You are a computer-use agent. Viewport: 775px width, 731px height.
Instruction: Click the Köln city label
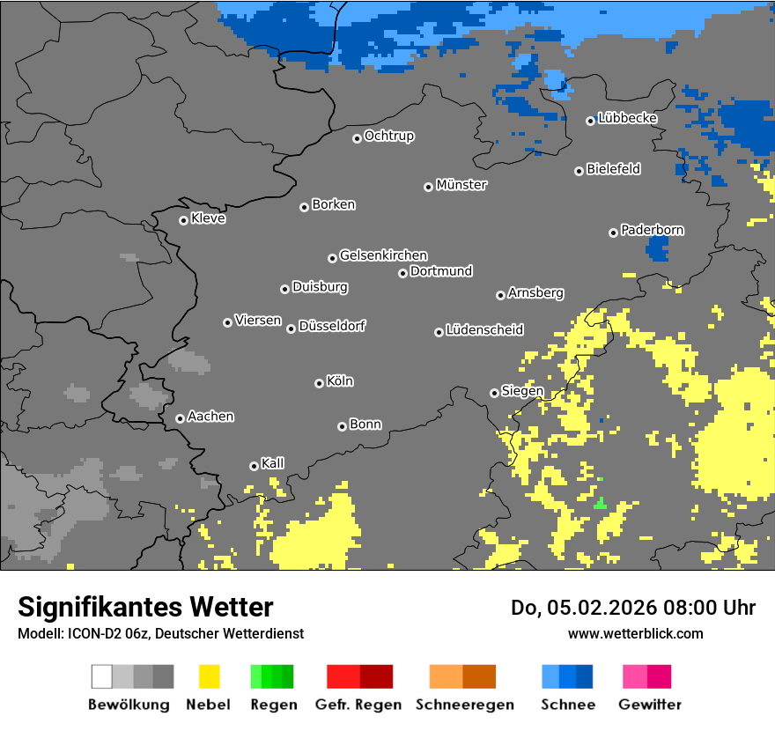point(340,381)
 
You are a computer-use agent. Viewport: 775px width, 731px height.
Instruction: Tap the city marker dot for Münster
point(428,187)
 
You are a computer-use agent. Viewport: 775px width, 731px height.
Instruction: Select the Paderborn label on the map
point(652,230)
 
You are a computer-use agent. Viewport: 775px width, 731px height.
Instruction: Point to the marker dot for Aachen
point(180,418)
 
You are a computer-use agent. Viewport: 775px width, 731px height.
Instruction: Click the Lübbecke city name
point(627,118)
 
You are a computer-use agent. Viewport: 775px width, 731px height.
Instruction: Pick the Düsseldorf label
point(332,326)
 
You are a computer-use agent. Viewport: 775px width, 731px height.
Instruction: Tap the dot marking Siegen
point(494,393)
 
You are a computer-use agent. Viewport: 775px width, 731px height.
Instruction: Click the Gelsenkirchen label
point(383,255)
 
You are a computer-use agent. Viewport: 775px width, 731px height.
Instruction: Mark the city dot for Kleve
point(183,220)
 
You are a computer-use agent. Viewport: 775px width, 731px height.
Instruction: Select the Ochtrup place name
point(388,136)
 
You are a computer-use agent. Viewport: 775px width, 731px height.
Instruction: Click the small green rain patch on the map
point(600,503)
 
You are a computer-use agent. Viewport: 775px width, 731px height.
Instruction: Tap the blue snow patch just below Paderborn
point(657,248)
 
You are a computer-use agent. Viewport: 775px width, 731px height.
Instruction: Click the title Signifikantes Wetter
point(145,607)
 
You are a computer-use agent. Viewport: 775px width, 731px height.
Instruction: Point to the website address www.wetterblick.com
point(635,633)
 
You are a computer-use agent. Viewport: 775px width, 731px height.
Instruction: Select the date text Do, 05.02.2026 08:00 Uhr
point(633,608)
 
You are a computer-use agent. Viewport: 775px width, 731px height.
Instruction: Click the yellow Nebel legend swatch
point(209,676)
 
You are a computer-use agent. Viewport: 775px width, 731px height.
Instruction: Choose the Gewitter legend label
point(650,705)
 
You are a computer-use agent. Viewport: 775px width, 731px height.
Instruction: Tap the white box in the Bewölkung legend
point(102,676)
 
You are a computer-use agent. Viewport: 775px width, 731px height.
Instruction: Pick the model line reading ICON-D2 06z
point(160,633)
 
